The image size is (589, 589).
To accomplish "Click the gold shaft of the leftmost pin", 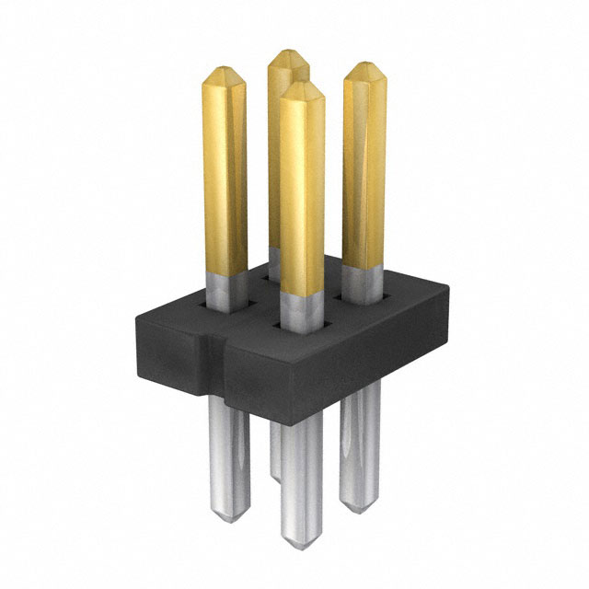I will point(225,175).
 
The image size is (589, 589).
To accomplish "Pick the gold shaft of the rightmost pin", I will point(364,175).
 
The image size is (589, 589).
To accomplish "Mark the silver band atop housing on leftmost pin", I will point(225,289).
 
